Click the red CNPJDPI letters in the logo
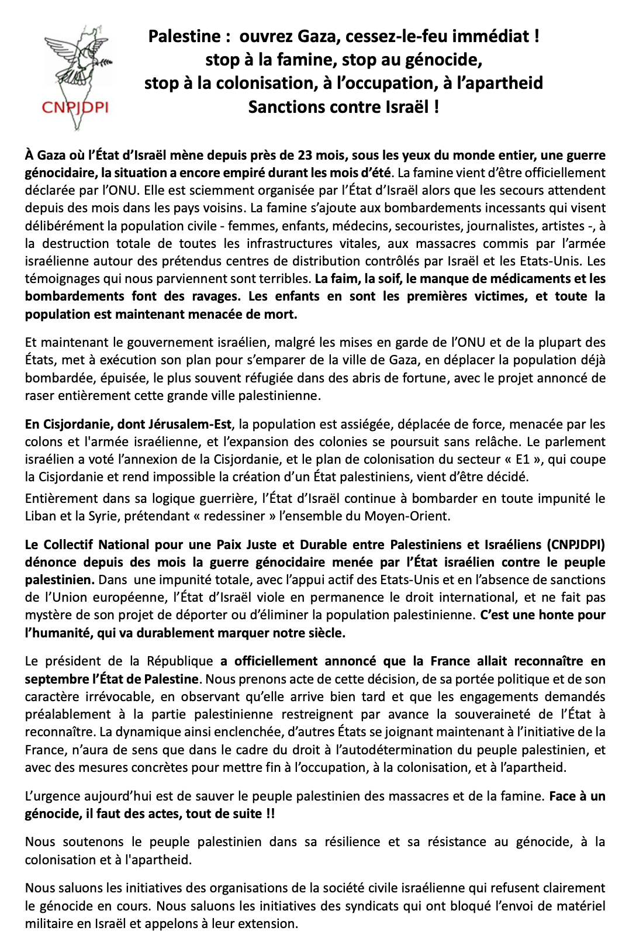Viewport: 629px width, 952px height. click(x=75, y=108)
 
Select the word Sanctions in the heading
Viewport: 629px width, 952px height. click(x=283, y=108)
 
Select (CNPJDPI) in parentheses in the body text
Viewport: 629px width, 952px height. click(x=576, y=544)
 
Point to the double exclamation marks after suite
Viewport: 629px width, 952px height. click(x=270, y=813)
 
